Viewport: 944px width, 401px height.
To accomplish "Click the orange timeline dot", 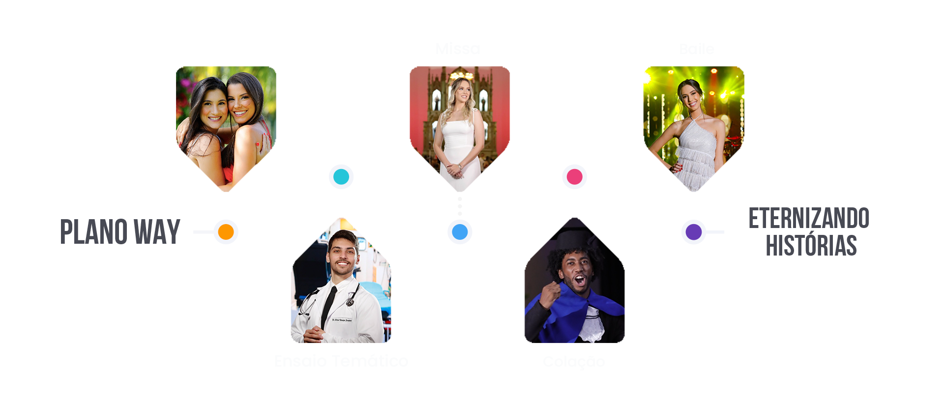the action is pyautogui.click(x=226, y=231).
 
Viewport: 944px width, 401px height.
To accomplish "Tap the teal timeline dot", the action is pyautogui.click(x=341, y=176).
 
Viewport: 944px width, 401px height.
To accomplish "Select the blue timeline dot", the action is pyautogui.click(x=460, y=231).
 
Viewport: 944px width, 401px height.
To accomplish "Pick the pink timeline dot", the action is pyautogui.click(x=574, y=176).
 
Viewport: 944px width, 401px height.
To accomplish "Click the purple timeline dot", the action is pyautogui.click(x=693, y=231).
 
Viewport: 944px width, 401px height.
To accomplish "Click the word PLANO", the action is pyautogui.click(x=93, y=232).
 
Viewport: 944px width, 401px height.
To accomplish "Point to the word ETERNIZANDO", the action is pyautogui.click(x=809, y=219).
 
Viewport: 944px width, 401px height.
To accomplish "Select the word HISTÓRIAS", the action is pyautogui.click(x=811, y=246).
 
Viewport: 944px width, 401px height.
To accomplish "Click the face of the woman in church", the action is pyautogui.click(x=460, y=90).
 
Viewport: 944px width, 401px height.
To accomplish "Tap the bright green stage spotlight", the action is pyautogui.click(x=644, y=78).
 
